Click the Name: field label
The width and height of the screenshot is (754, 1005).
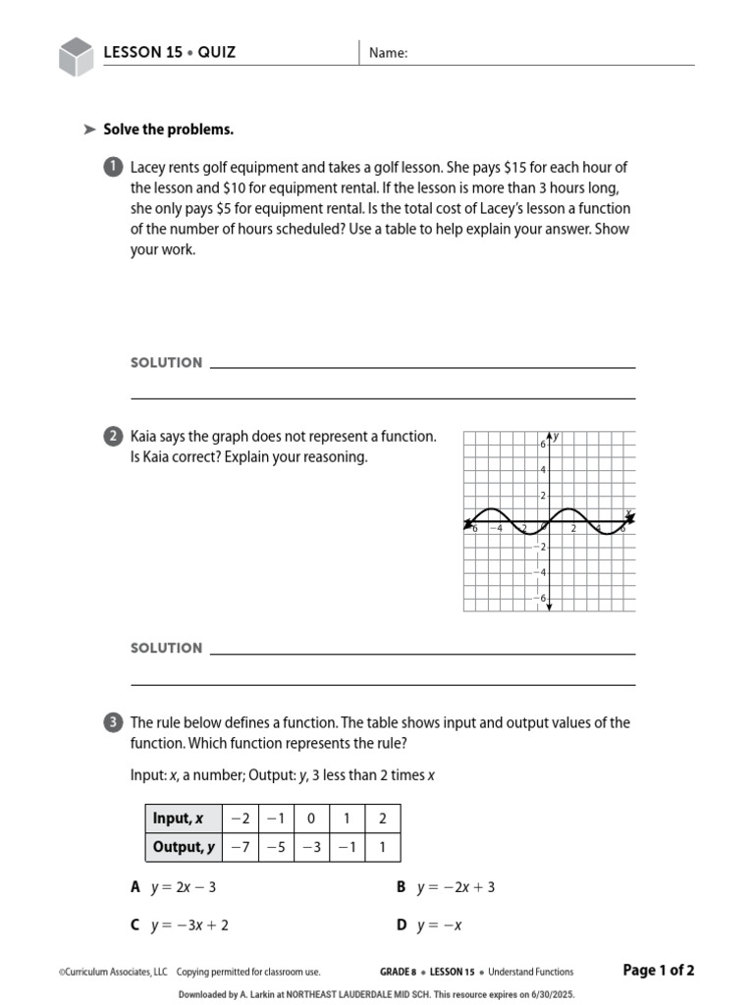click(x=388, y=54)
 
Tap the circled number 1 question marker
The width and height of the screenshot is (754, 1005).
click(x=112, y=167)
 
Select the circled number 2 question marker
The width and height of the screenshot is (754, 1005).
click(x=112, y=437)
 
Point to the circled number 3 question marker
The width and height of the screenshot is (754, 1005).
click(x=112, y=723)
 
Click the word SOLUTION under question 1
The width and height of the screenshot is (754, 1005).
click(x=166, y=363)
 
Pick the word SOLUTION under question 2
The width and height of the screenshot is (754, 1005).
click(x=166, y=649)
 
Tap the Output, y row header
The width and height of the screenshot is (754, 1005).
click(x=183, y=847)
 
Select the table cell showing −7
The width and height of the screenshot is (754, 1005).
click(x=240, y=847)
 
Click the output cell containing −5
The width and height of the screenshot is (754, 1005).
click(x=275, y=847)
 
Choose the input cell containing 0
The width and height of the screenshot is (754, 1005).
click(x=310, y=819)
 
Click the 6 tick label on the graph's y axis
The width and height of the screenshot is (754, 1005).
click(x=541, y=445)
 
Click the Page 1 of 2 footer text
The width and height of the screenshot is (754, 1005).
click(x=659, y=971)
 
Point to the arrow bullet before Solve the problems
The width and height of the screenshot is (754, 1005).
click(x=89, y=130)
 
